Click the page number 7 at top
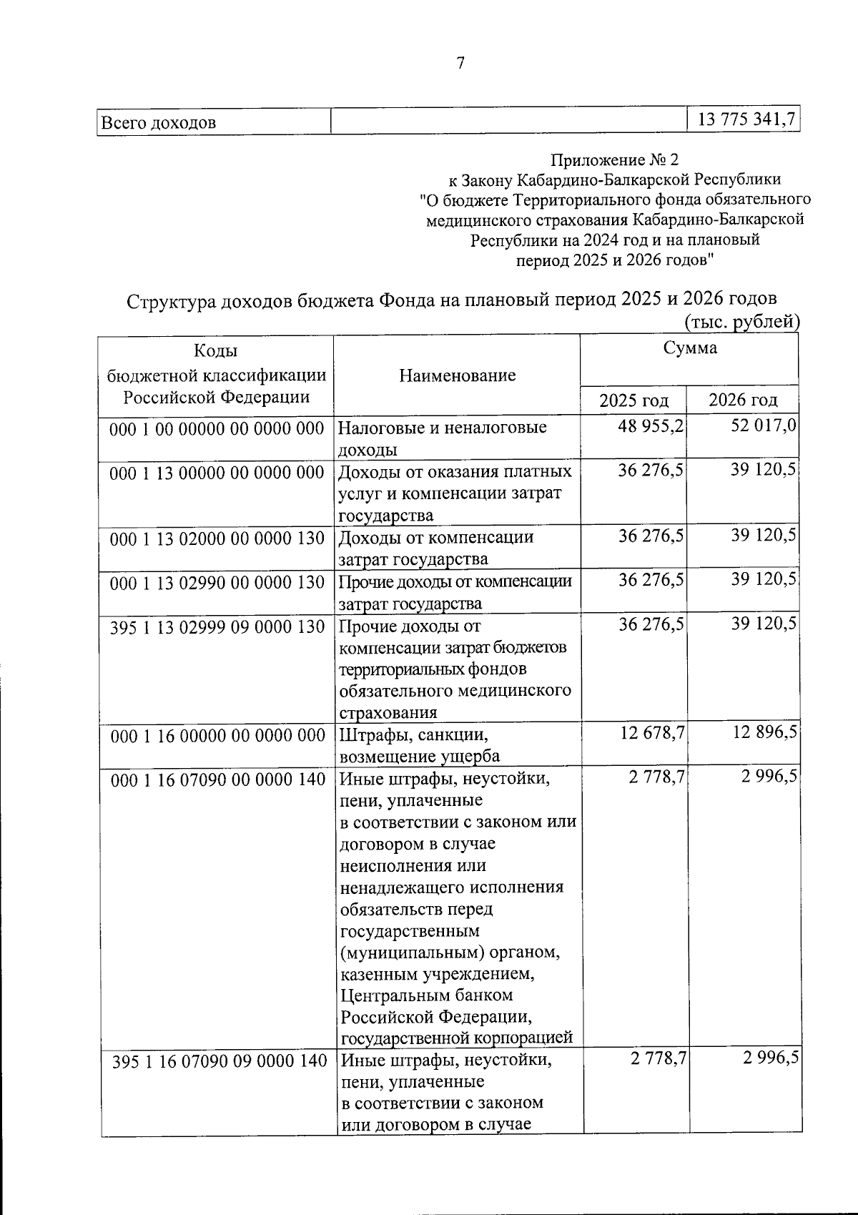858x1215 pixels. [x=460, y=64]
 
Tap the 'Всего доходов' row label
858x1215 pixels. [x=159, y=122]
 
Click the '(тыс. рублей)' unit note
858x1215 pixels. [x=741, y=323]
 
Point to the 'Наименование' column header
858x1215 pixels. [x=458, y=375]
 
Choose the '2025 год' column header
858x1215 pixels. [x=633, y=400]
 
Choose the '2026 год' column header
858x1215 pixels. [x=742, y=400]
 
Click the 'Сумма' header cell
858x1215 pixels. [x=689, y=348]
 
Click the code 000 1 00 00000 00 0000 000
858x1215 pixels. [x=217, y=428]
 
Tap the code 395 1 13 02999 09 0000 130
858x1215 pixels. [x=217, y=626]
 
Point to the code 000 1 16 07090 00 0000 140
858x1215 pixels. [x=217, y=779]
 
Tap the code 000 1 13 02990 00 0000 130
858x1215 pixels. [x=217, y=582]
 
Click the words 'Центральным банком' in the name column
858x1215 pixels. [x=427, y=995]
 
